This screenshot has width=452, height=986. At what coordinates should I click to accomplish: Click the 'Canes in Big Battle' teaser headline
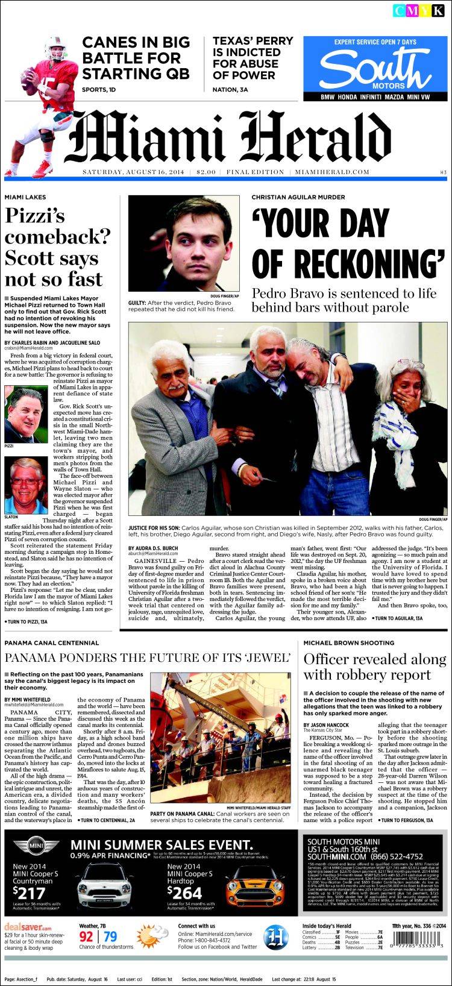136,58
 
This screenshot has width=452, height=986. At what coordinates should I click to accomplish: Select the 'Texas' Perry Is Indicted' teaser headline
253,58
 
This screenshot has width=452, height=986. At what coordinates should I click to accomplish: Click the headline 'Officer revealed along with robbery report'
374,667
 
